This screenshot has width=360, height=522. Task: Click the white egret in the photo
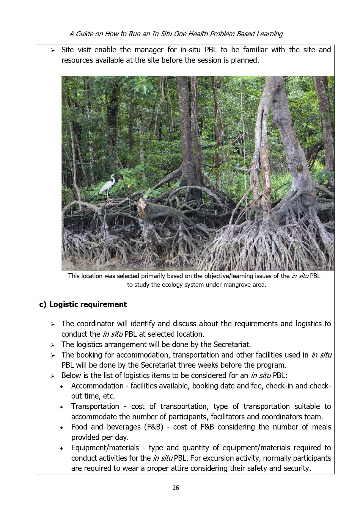[x=108, y=186]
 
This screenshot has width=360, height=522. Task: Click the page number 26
[x=176, y=487]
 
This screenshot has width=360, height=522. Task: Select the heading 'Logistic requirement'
[x=88, y=304]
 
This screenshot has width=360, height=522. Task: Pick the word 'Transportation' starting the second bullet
[x=95, y=406]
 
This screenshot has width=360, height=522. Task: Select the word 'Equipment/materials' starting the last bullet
[x=105, y=448]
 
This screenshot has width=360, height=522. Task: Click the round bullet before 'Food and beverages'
[x=62, y=428]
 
